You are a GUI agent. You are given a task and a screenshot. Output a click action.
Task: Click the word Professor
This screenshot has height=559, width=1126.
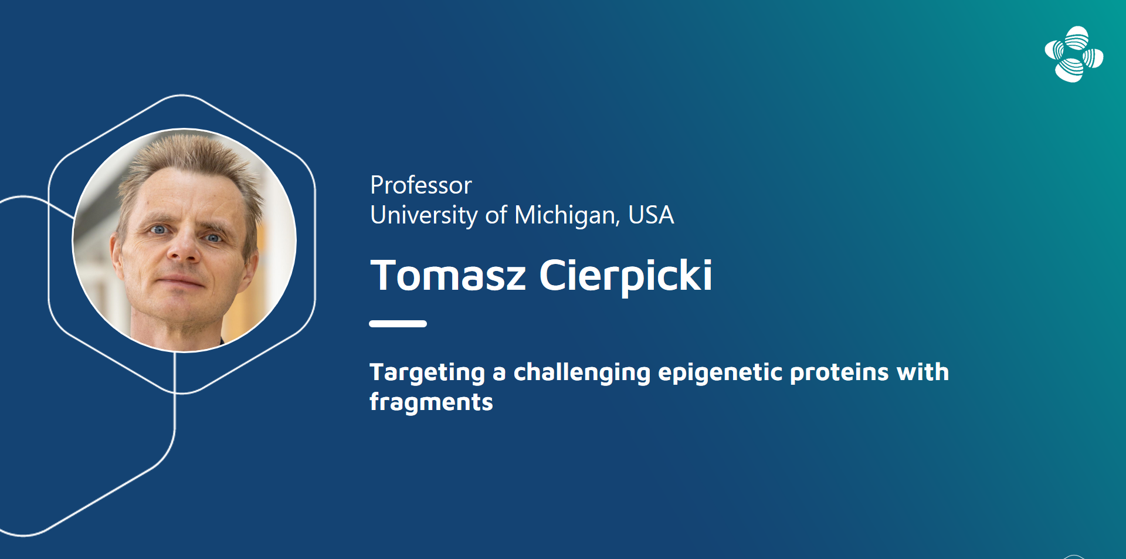[x=421, y=185]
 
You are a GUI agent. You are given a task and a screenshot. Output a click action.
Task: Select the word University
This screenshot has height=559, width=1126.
[x=424, y=216]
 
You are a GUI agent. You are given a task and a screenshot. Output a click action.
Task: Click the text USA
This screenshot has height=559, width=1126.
[x=651, y=215]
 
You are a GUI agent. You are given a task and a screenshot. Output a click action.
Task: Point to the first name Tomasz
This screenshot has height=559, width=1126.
[x=449, y=275]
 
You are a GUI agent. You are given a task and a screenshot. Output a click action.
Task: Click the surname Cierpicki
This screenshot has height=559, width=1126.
[x=626, y=276]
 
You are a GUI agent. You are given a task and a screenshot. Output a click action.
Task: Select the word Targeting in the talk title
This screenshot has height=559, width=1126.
[x=428, y=373]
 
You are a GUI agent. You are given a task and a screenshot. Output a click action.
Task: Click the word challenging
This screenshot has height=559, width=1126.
[x=582, y=373]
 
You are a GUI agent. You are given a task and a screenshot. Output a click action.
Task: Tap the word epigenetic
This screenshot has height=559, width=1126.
[x=720, y=373]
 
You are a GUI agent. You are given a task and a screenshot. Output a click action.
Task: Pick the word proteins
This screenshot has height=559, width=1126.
[x=839, y=373]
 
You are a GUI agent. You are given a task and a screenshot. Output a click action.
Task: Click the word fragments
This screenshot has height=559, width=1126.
[x=431, y=402]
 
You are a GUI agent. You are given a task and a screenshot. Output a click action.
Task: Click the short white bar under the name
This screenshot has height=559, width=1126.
[x=398, y=324]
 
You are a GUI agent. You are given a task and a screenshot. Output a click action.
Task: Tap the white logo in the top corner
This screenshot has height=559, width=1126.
[x=1074, y=55]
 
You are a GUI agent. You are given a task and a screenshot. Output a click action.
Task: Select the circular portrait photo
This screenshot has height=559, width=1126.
[x=184, y=240]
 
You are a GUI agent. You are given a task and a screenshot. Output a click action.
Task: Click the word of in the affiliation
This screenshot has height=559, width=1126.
[x=496, y=215]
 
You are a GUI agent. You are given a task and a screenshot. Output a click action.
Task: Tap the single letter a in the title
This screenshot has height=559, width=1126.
[x=499, y=374]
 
